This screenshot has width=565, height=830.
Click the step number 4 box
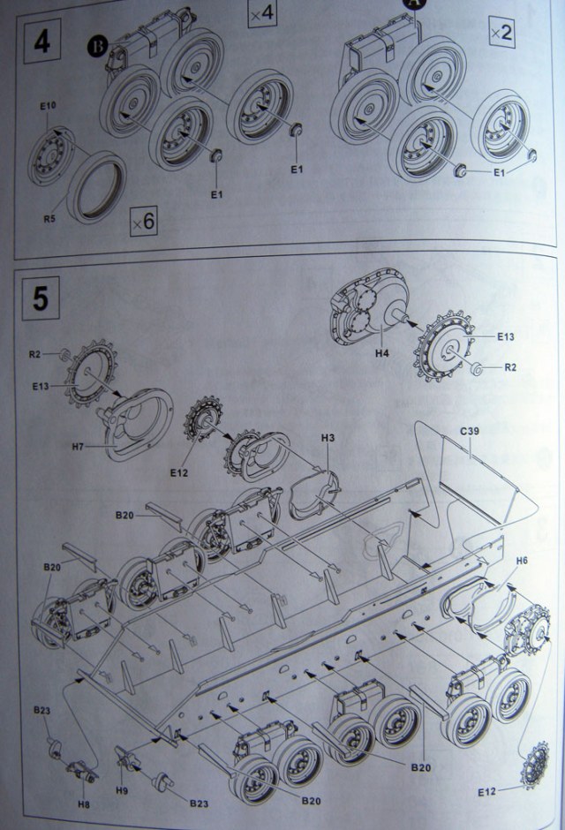coord(42,42)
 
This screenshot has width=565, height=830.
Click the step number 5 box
coord(41,298)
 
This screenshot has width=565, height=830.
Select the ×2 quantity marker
coord(501,34)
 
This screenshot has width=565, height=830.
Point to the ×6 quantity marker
coord(142,221)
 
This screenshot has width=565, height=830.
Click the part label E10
coord(48,107)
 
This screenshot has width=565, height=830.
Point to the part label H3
coord(328,438)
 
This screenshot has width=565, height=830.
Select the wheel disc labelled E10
coord(51,155)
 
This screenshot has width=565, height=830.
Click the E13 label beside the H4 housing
coord(505,336)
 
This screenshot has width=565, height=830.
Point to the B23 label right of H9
coord(200,803)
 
